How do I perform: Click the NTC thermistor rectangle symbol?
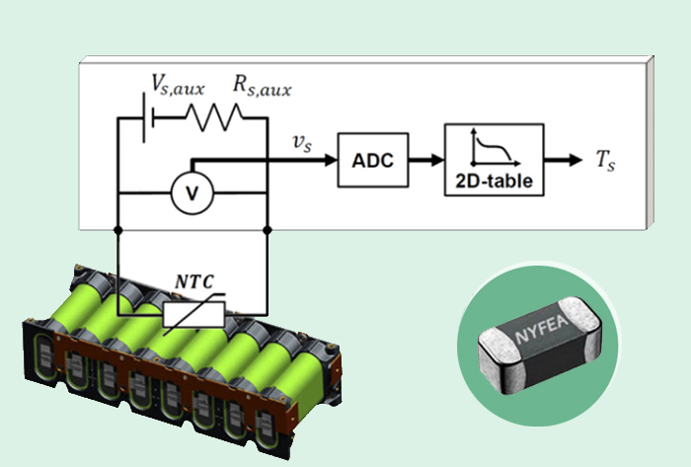click(x=194, y=317)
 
